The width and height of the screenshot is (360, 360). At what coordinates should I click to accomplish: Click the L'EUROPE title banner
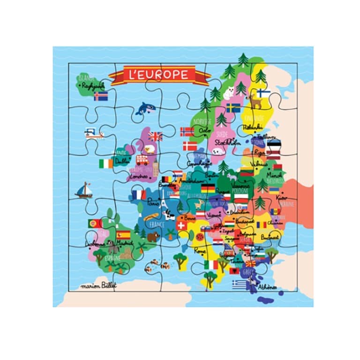coord(159,75)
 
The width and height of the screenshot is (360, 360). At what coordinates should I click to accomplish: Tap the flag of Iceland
coord(100,96)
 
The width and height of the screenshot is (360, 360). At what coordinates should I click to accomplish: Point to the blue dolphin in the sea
coord(146,109)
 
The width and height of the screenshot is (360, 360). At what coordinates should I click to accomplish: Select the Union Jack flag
coord(155,136)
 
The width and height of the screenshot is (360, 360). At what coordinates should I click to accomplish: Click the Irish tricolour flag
coord(106,163)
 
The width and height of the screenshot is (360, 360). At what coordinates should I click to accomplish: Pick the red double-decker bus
coord(142,160)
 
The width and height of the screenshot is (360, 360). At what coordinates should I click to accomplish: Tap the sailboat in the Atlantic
coord(84,190)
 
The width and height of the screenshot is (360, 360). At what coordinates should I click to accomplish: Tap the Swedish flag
coord(233,108)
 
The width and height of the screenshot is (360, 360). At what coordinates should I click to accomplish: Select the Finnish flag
coord(263,93)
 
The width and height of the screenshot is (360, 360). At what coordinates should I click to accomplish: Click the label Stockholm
coord(228,142)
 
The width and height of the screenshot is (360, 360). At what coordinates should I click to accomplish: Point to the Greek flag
coord(240,284)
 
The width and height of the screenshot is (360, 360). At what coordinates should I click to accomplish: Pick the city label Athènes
coord(267,287)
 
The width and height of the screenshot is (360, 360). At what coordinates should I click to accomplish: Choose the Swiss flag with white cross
coord(180,225)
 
